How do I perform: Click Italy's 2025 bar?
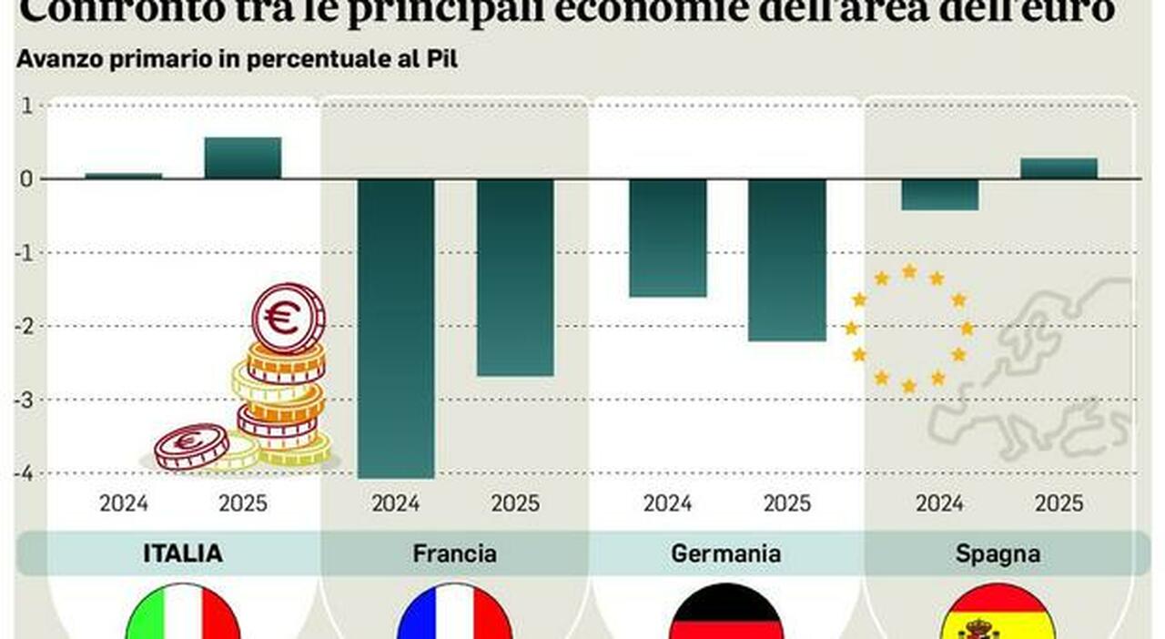(242, 158)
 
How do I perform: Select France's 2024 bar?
(395, 328)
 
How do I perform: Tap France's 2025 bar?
(515, 277)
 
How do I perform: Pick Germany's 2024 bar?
(667, 238)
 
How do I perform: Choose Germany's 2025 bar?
(787, 259)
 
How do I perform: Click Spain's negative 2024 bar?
(939, 195)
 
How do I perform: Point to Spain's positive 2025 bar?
(1059, 168)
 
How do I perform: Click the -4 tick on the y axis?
(25, 473)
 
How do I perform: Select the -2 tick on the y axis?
(25, 326)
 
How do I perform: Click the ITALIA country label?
(182, 553)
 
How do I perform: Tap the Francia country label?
(454, 553)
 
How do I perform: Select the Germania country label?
(725, 553)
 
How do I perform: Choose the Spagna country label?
(998, 553)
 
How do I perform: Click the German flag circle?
(725, 614)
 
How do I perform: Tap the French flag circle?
(454, 614)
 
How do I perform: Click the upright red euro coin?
(288, 318)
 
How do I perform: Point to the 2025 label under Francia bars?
(515, 503)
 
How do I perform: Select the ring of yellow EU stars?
(908, 329)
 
